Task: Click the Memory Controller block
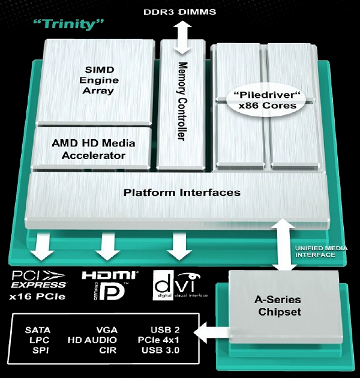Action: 182,100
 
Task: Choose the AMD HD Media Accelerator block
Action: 93,149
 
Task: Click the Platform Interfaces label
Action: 182,193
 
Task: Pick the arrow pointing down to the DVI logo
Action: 177,246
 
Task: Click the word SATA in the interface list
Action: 38,329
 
